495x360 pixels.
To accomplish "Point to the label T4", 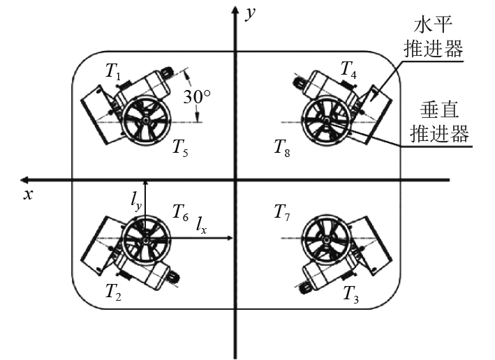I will [x=348, y=70].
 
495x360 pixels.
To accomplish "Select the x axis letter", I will [x=28, y=195].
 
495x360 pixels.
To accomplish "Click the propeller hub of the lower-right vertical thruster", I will [x=326, y=239].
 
